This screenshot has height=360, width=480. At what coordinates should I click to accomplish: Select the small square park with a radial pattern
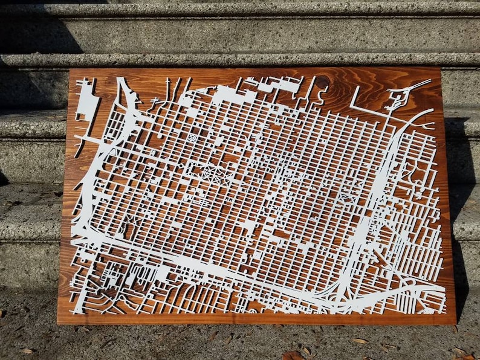click(x=191, y=138)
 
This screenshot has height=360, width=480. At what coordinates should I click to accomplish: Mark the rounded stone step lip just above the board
click(x=242, y=60)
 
